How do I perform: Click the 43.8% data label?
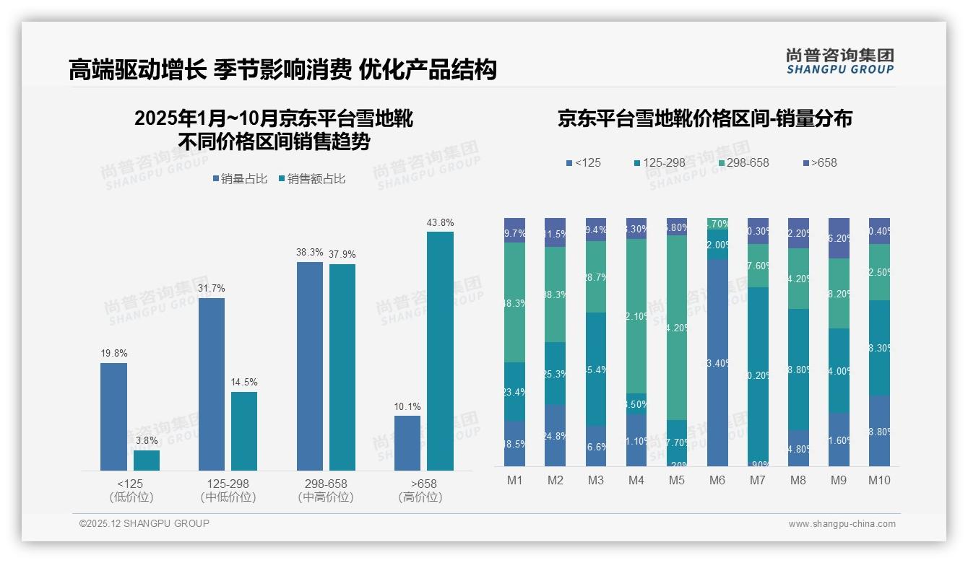pos(440,223)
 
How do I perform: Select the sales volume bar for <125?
pos(113,416)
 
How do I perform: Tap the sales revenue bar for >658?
pos(440,351)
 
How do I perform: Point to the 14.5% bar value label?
pos(244,383)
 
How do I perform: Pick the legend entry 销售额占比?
pos(312,179)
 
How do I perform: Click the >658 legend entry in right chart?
pos(819,163)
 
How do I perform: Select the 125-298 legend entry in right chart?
pos(659,163)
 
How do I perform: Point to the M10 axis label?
pos(879,481)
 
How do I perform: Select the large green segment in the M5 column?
pos(677,328)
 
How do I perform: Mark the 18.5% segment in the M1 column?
pos(515,444)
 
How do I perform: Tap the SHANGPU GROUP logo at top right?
pos(839,61)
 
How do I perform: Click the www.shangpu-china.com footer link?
pos(842,524)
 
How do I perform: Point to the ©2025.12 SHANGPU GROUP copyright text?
pos(144,524)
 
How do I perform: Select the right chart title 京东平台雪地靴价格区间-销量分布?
pos(704,118)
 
